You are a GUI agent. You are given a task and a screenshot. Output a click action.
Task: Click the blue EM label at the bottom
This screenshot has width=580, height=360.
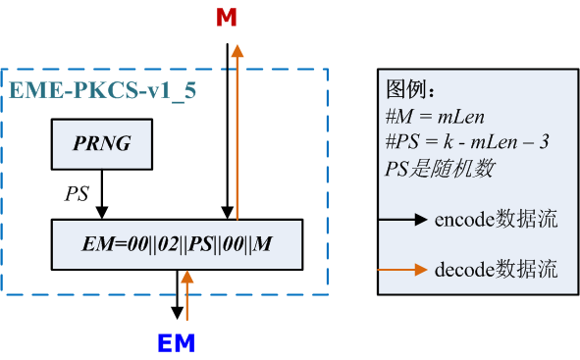[x=177, y=342]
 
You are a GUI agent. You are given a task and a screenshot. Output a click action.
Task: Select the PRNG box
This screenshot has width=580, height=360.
[x=101, y=145]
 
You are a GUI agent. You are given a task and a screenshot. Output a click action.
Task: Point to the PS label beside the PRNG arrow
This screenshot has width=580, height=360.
[x=78, y=193]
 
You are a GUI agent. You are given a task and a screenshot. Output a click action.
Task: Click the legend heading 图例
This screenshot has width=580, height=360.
[x=410, y=92]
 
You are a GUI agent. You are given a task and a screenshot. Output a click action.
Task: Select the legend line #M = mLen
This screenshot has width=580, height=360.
[x=435, y=117]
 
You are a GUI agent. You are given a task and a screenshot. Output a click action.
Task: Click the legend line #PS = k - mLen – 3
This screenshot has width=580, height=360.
[x=467, y=142]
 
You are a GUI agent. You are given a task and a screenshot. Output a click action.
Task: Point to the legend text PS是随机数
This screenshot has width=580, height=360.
[x=440, y=168]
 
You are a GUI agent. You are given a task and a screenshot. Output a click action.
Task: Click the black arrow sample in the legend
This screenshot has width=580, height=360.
[x=406, y=218]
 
